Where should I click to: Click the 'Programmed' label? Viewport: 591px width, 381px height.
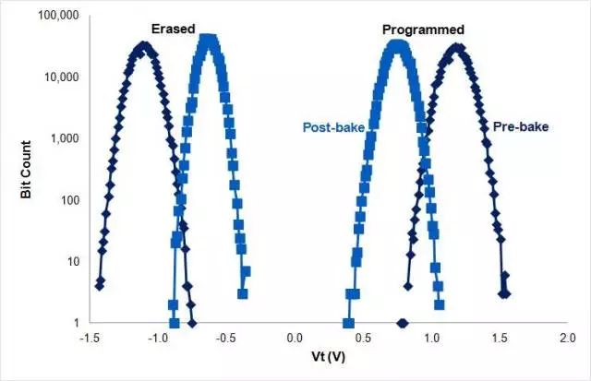pos(423,30)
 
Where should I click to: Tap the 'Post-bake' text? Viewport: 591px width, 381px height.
pos(332,126)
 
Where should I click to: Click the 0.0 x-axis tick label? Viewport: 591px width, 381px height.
pos(295,338)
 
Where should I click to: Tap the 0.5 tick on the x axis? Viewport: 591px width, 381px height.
pos(363,338)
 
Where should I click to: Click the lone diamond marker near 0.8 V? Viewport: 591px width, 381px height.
pos(402,323)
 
